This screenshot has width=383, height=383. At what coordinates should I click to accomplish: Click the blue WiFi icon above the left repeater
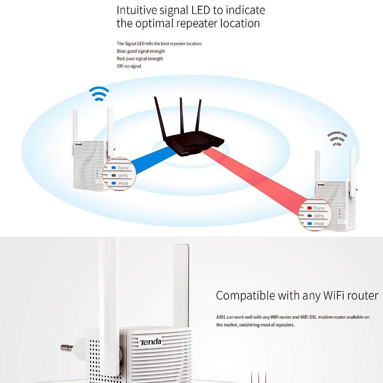click(99, 94)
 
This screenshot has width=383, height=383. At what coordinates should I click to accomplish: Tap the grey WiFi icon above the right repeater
click(337, 139)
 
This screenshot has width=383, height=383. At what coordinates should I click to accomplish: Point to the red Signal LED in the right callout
click(309, 208)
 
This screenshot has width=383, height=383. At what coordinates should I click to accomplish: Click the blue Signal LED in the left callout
click(114, 168)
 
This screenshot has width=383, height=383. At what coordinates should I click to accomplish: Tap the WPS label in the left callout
click(123, 175)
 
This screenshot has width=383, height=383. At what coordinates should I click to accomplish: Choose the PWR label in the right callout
click(319, 224)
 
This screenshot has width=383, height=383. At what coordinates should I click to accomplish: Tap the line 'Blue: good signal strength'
click(141, 51)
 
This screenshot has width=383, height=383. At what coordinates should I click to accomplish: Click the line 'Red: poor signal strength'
click(140, 59)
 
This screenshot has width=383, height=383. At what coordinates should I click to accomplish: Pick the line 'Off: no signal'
click(129, 66)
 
